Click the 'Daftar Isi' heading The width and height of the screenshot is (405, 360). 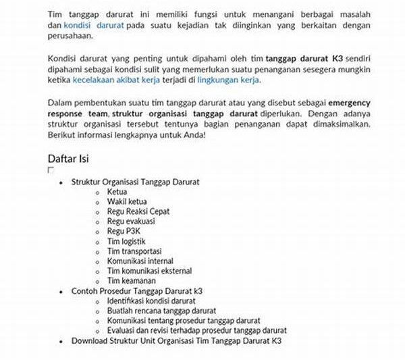click(68, 159)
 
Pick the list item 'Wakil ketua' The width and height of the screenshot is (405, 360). click(127, 201)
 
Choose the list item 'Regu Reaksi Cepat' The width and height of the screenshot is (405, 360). click(138, 211)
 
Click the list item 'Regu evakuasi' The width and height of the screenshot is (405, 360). click(131, 221)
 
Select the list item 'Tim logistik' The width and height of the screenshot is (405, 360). click(126, 241)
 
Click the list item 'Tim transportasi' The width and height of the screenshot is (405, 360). click(134, 251)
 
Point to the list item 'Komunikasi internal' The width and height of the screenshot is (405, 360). click(140, 261)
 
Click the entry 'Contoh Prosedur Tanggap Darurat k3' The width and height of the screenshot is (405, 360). click(137, 291)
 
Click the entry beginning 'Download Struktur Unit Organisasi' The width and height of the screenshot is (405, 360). click(175, 341)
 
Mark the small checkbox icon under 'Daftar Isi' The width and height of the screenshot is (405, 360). click(51, 170)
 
